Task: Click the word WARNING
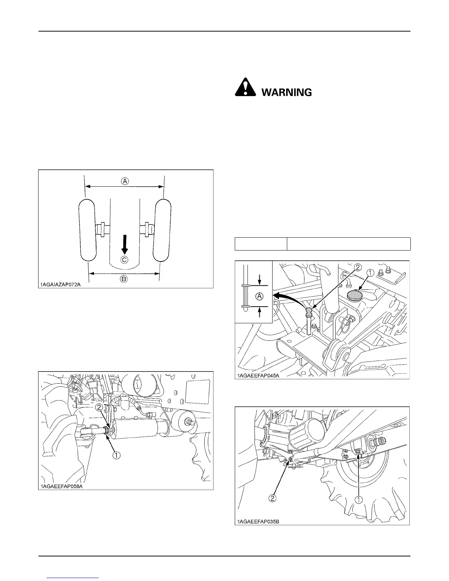(x=286, y=92)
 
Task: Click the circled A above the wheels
(x=125, y=181)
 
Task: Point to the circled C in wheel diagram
(x=124, y=260)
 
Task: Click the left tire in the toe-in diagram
(x=87, y=230)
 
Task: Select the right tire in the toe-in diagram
(x=162, y=230)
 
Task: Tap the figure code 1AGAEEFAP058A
(x=61, y=487)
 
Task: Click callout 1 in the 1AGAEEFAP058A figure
(x=116, y=455)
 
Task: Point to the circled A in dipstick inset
(x=259, y=296)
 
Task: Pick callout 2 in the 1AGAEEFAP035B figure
(x=273, y=498)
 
